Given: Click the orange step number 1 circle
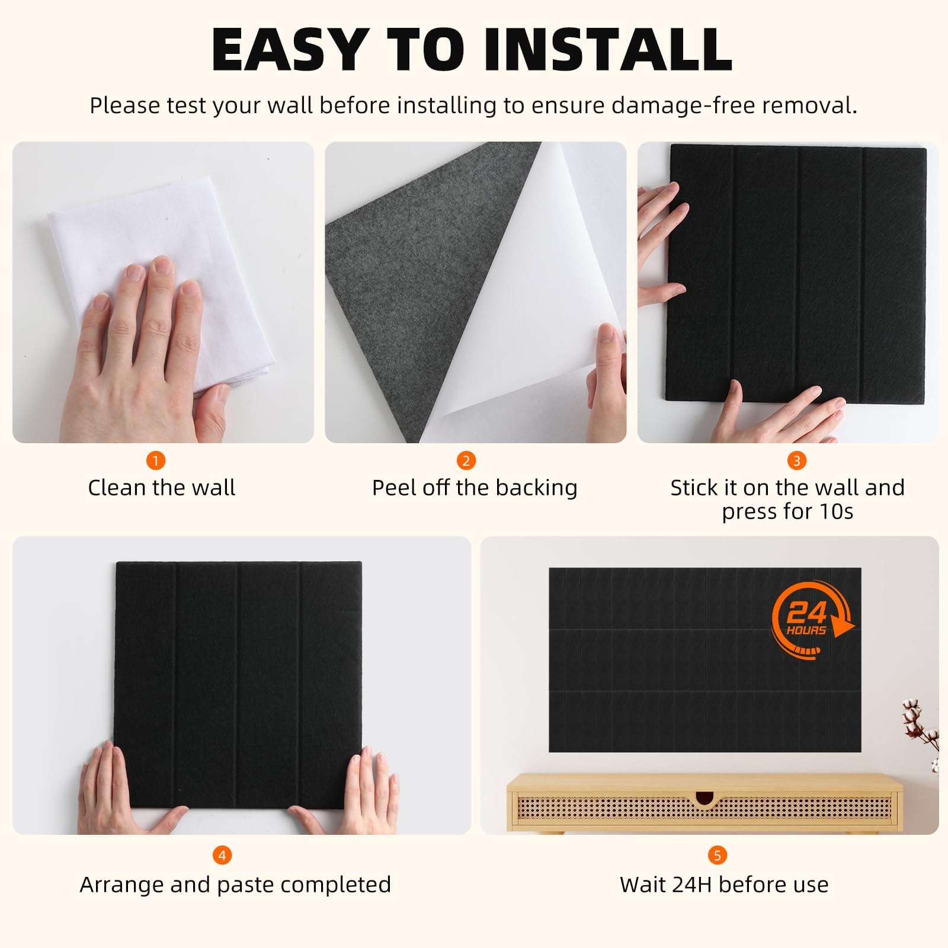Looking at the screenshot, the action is point(156,460).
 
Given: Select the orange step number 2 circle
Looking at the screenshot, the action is point(466,460).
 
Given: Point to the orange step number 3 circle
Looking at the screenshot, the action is point(797,460).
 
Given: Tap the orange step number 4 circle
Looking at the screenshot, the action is point(222,855).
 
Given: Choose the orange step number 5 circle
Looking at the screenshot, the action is point(717,855).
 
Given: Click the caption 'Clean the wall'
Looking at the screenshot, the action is point(162,488).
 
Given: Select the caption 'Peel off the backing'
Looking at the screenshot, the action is point(475,488).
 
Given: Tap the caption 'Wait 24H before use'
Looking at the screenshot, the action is point(724,885).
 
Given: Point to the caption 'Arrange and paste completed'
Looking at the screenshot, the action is point(236,885).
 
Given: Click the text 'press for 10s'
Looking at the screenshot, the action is point(787,511).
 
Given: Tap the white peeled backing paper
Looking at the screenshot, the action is point(521,296).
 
